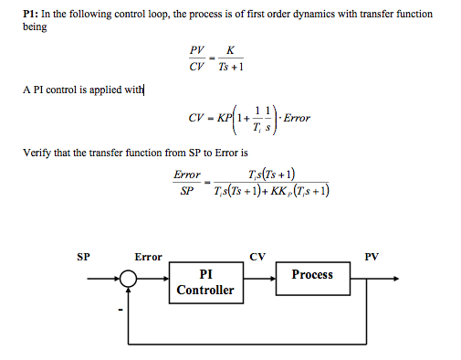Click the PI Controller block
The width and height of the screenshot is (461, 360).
point(205,282)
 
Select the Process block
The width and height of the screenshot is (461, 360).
point(312,274)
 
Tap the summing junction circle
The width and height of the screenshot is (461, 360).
point(131,282)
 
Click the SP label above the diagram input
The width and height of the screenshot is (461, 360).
point(84,257)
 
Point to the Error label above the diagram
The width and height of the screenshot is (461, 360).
point(149,257)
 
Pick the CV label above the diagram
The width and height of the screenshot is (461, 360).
point(257,257)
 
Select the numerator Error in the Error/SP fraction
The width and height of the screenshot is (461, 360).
point(186,174)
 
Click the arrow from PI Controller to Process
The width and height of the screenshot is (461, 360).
point(261,282)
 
